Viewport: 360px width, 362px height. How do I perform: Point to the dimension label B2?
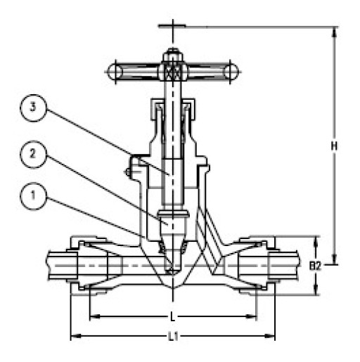[x=316, y=266]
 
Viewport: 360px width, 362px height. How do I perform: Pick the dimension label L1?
[x=172, y=338]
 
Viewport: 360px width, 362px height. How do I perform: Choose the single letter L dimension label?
[x=173, y=317]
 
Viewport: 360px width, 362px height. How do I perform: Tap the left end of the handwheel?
[x=110, y=71]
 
